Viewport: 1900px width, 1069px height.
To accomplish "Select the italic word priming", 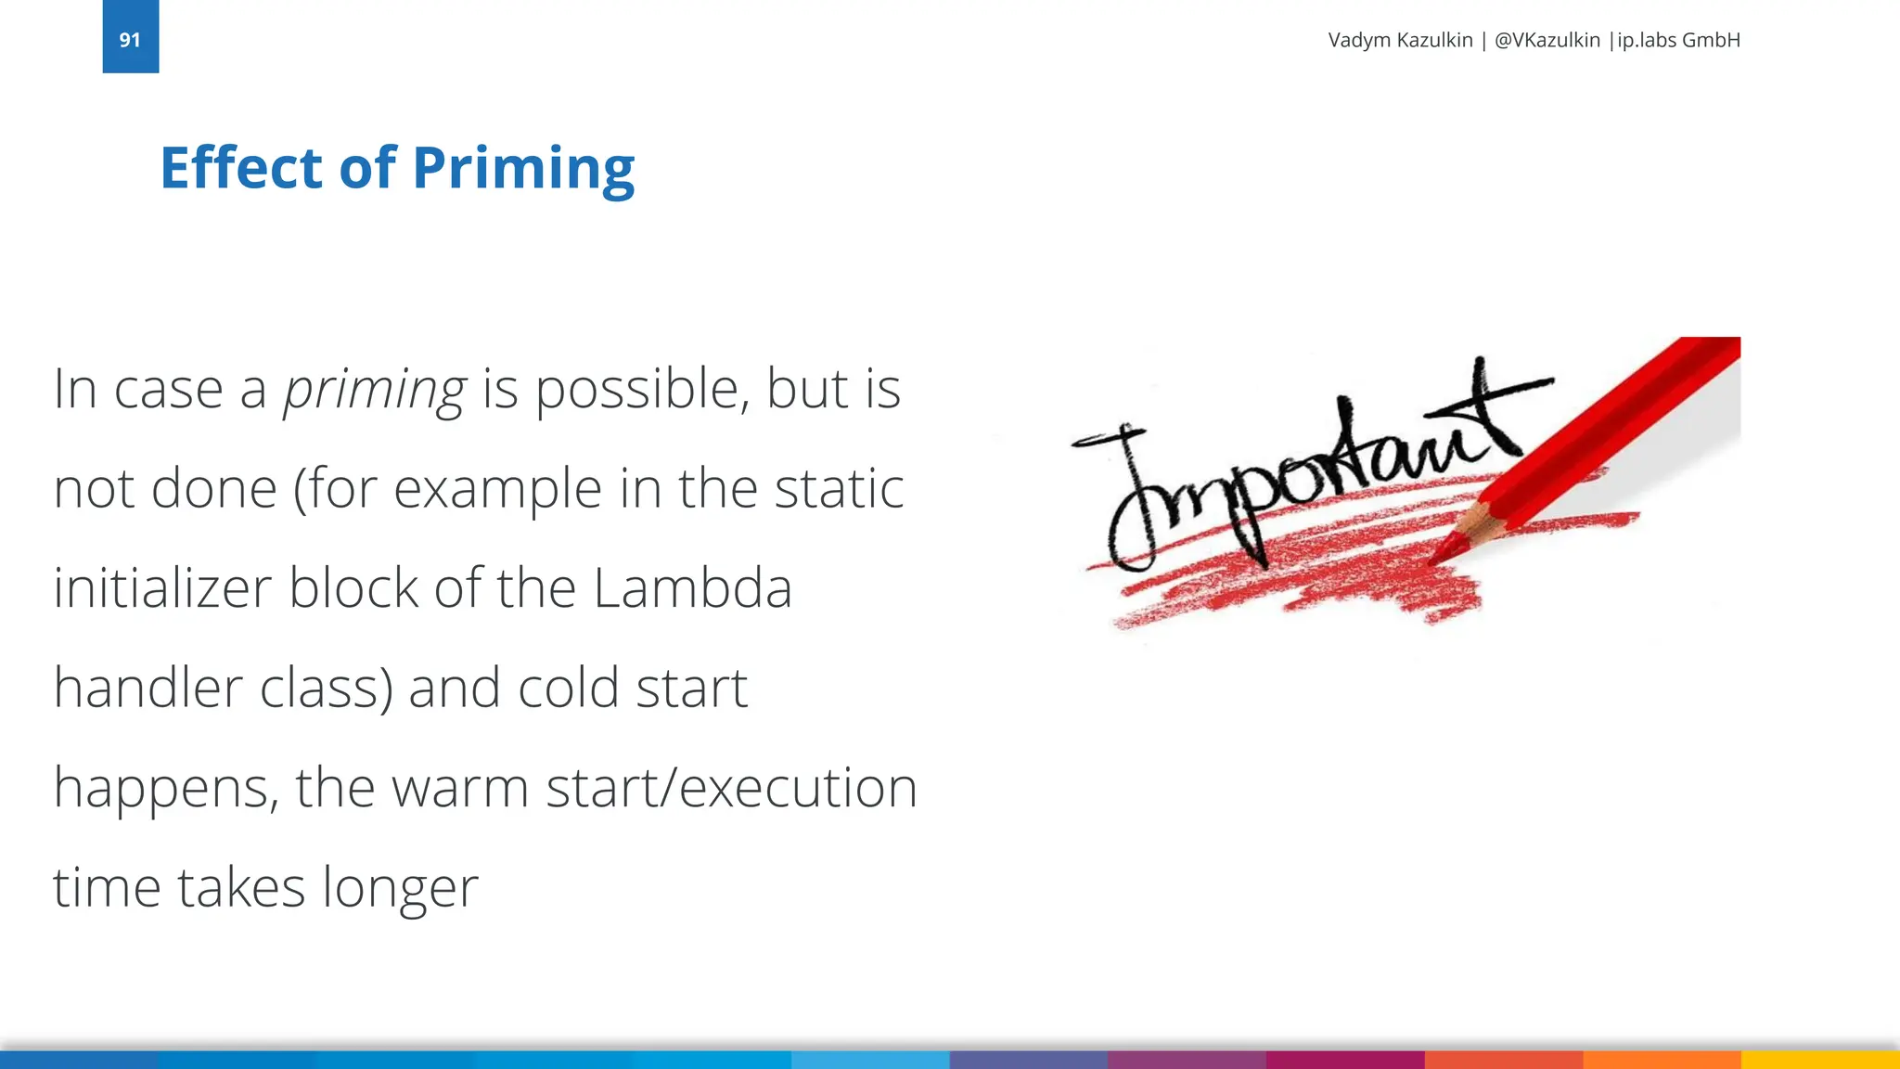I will click(374, 390).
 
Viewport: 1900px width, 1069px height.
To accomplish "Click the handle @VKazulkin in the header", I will click(1547, 40).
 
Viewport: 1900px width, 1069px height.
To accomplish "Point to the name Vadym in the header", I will click(1359, 40).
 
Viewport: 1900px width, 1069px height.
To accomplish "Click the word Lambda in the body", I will click(692, 588).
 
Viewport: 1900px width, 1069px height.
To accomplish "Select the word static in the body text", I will click(839, 489).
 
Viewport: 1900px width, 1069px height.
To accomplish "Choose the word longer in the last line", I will click(400, 888).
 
